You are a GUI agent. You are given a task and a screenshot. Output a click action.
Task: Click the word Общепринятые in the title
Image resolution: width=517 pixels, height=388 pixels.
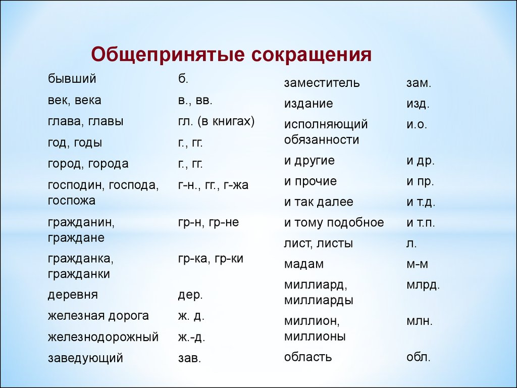coord(168,55)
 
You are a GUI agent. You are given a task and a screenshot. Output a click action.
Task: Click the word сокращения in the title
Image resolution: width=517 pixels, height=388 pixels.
coord(312,55)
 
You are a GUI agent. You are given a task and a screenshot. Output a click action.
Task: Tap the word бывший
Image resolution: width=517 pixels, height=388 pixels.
coord(72,78)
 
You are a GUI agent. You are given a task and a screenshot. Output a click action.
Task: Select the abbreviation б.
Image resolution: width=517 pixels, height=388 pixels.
coord(183,78)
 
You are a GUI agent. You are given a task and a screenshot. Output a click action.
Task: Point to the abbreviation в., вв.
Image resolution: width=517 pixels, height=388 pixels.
coord(195,101)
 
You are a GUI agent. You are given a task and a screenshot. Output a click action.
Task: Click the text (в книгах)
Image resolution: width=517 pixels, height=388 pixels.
coord(226,121)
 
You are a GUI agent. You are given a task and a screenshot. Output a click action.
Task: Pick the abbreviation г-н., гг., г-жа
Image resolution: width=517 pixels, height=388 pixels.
coord(213,185)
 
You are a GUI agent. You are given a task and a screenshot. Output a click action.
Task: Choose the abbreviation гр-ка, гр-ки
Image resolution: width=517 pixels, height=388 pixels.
coord(211,259)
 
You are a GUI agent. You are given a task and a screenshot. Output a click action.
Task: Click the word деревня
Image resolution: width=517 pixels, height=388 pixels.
coord(73,295)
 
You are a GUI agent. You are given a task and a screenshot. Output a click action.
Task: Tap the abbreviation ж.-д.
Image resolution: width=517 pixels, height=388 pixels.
coord(191,337)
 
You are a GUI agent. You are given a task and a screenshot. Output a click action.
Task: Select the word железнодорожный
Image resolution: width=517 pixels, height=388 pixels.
coord(103,337)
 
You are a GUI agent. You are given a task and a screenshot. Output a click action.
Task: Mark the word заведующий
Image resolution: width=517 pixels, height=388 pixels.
coord(85,358)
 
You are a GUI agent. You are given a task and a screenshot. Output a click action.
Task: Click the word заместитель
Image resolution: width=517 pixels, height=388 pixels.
coord(322,82)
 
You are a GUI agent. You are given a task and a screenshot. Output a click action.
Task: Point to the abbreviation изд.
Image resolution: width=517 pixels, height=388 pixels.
coord(418,104)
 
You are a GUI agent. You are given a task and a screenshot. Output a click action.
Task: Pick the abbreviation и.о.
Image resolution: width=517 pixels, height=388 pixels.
coord(417,125)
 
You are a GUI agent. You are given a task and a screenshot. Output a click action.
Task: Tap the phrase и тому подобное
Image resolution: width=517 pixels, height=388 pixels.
coord(334,223)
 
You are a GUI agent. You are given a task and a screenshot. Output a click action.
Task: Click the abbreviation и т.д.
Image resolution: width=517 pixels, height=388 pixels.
coord(421,202)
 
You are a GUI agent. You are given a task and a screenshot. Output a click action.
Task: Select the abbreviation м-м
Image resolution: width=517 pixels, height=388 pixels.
coord(417,265)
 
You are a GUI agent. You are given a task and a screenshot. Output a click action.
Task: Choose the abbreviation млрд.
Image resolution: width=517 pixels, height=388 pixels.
coord(423,285)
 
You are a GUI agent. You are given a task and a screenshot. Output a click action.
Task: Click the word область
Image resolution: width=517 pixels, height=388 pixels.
coord(308,357)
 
